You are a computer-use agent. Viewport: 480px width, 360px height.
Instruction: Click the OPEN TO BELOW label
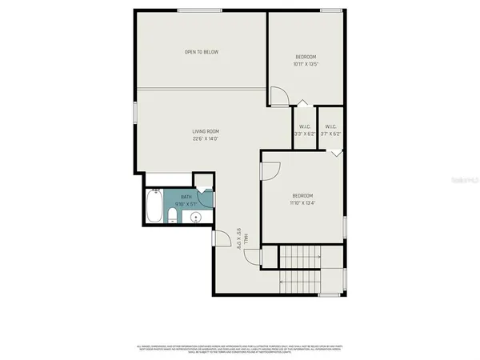[202, 52]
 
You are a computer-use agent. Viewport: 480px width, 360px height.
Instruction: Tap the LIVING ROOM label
[206, 131]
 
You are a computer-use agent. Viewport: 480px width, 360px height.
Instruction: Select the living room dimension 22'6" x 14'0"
[206, 139]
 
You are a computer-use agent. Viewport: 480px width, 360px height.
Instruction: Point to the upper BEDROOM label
[306, 56]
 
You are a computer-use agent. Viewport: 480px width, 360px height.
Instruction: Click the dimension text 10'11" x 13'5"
[306, 64]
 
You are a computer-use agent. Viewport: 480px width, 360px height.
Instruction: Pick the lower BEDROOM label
[302, 196]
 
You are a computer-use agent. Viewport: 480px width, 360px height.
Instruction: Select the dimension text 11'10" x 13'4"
[302, 204]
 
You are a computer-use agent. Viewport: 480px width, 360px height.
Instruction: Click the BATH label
[186, 196]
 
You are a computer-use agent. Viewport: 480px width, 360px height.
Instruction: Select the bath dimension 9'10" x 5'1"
[186, 203]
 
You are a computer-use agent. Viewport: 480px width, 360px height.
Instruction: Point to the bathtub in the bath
[154, 207]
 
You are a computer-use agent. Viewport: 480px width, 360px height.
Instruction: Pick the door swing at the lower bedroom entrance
[270, 171]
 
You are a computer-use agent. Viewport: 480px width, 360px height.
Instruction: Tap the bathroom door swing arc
[206, 186]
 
